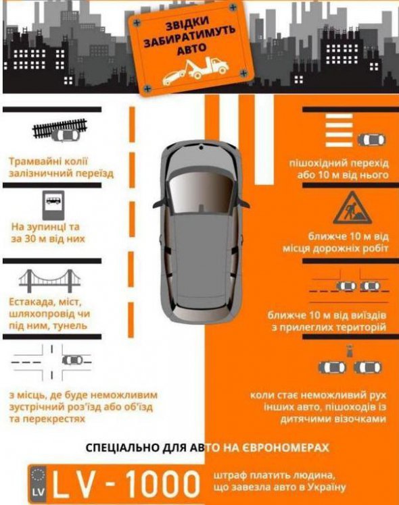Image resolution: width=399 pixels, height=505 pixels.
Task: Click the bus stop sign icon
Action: [53, 205]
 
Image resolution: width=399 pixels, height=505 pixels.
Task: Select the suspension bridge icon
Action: [49, 279]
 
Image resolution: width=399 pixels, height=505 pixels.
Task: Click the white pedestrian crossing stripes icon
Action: [339, 130]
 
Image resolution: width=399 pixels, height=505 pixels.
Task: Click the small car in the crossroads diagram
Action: [72, 360]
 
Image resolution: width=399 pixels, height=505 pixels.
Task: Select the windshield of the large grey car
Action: [202, 194]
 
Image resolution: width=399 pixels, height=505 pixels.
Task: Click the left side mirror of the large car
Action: [160, 204]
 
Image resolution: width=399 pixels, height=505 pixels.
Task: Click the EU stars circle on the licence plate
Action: [37, 476]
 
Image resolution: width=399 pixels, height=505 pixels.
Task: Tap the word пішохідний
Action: [316, 163]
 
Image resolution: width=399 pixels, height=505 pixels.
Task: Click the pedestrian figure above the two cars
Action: [349, 351]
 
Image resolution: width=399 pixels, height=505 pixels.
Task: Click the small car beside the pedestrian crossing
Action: [371, 140]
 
